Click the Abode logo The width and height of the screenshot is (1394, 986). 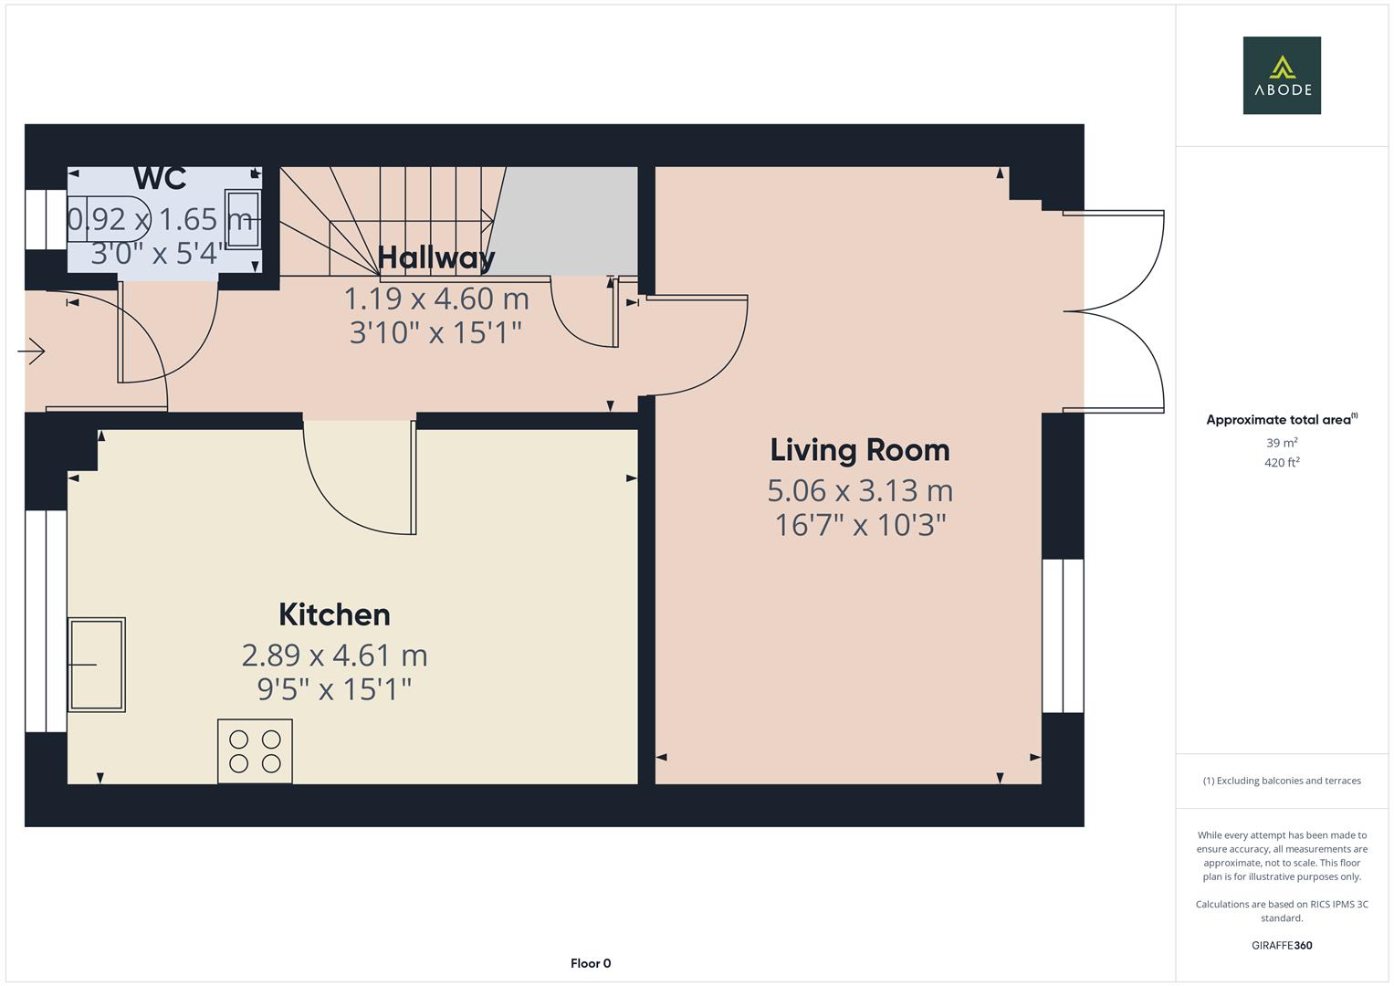point(1281,75)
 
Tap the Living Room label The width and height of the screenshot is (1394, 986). point(860,450)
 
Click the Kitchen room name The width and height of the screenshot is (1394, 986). point(334,614)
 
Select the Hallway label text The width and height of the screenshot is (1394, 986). point(436,257)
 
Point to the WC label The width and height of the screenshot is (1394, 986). point(160,178)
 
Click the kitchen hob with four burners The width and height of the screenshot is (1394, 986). point(255,751)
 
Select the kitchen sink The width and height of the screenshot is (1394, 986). point(97,665)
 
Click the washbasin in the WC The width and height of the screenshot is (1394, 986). point(243,219)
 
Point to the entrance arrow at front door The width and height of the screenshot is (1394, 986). point(32,351)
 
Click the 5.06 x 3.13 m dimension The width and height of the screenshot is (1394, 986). point(860,491)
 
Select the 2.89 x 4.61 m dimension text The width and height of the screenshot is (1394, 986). point(334,656)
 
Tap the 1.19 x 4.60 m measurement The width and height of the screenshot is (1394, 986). point(436,299)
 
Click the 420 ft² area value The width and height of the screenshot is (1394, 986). point(1281,463)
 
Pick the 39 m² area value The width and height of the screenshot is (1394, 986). point(1281,443)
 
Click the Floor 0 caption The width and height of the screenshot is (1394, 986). point(591,963)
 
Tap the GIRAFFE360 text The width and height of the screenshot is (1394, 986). point(1281,945)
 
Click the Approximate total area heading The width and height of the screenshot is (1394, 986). point(1281,420)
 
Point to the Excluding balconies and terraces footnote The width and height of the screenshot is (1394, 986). point(1281,781)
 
